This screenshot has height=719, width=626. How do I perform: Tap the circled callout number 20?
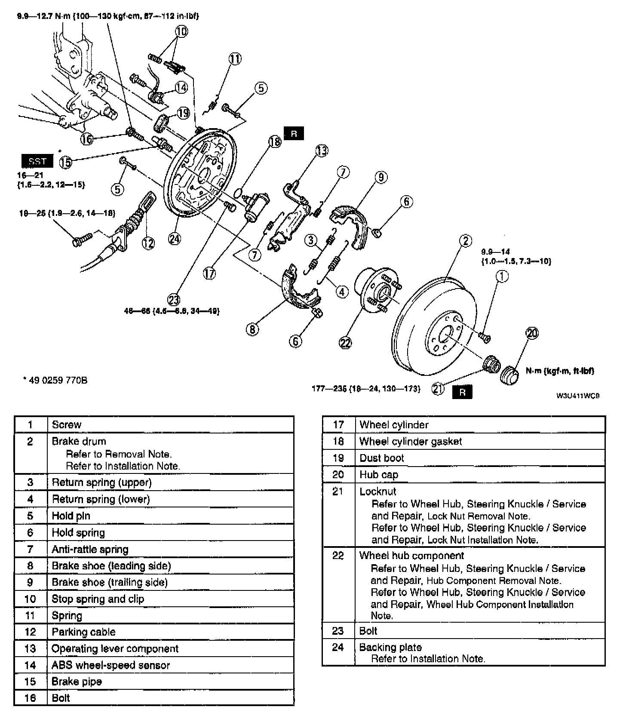(x=532, y=333)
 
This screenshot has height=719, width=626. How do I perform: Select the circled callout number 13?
(x=321, y=150)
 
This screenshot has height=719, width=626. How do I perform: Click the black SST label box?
(x=37, y=161)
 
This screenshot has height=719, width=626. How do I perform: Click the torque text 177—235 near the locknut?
(x=365, y=389)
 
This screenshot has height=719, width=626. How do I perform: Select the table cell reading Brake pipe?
(x=77, y=682)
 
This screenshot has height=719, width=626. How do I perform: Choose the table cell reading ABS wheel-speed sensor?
(x=110, y=665)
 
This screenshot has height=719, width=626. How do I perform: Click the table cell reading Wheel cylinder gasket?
(x=411, y=441)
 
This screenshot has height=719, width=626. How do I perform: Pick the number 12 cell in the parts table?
(x=30, y=632)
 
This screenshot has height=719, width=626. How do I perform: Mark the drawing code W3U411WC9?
(x=577, y=396)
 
